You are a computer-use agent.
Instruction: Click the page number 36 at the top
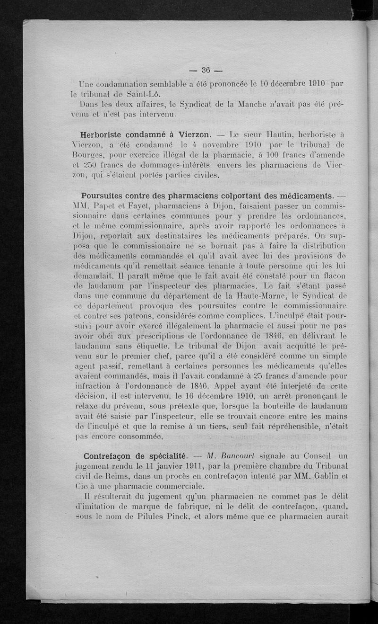pos(206,70)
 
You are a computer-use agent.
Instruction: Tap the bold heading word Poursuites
pos(108,196)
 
